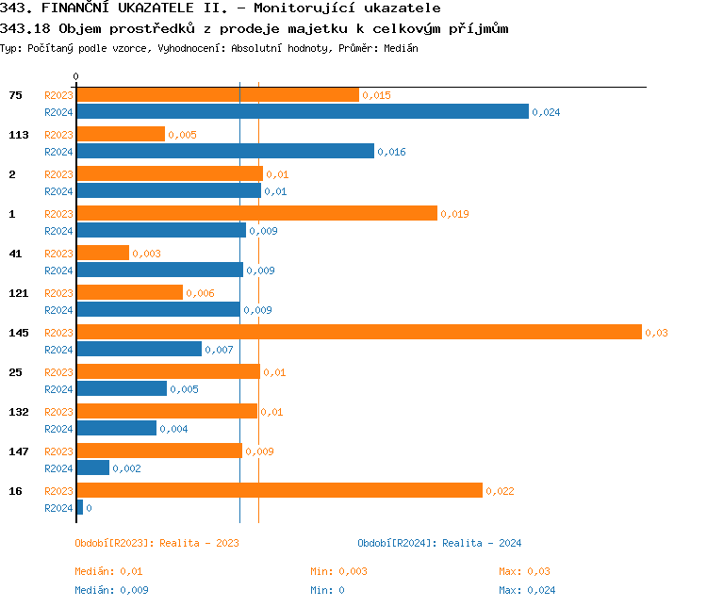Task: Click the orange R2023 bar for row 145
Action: coord(358,332)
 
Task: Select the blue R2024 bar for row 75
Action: coord(302,111)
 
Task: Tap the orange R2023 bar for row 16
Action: coord(279,490)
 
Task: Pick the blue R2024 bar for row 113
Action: coord(224,151)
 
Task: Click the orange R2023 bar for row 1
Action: coord(256,213)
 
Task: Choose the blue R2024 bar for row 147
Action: coord(92,468)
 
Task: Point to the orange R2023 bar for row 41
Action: coord(102,253)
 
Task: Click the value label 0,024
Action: coord(546,112)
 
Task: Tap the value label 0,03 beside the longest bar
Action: coord(656,333)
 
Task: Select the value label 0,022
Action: coord(500,491)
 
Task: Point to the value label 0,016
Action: coord(391,152)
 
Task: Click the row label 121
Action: coord(18,293)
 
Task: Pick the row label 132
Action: coord(18,412)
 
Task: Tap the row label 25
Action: coord(15,372)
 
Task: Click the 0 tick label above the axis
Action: coord(76,76)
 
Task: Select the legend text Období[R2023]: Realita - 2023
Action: coord(156,543)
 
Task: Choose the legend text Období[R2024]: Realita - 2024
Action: coord(439,543)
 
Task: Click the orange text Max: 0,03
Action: coord(524,571)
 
